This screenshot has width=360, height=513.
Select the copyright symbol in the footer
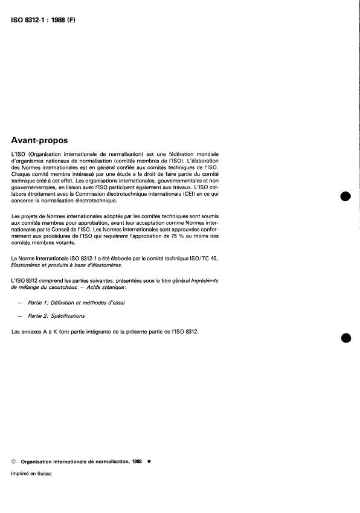coord(14,460)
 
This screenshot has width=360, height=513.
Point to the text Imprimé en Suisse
coord(31,474)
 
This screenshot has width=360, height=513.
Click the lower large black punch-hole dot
coord(346,338)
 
